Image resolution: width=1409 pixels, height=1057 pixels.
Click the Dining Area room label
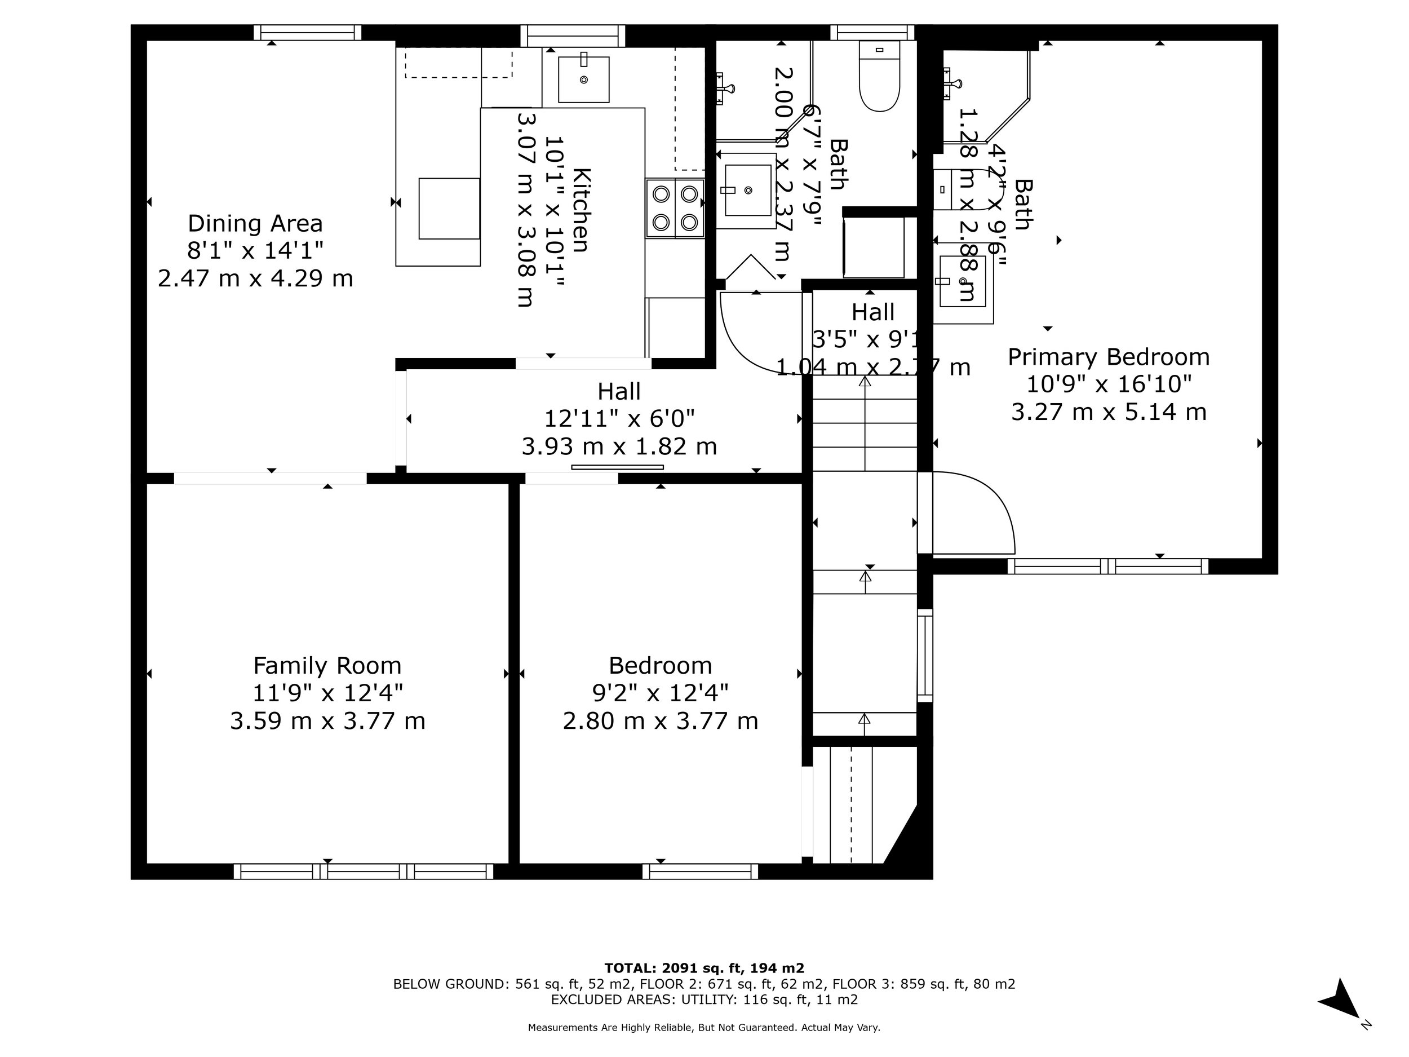click(x=255, y=224)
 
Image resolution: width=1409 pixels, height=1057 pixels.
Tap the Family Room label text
click(x=327, y=666)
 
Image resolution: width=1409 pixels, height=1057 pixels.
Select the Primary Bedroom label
click(x=1109, y=357)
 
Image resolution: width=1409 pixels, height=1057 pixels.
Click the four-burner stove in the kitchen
click(x=675, y=207)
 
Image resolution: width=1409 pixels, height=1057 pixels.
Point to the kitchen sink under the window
click(x=583, y=79)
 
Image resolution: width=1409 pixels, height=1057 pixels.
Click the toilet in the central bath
click(x=879, y=77)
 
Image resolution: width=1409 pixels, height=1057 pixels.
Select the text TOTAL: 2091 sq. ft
click(x=704, y=968)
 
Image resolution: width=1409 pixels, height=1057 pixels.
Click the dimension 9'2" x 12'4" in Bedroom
click(x=660, y=693)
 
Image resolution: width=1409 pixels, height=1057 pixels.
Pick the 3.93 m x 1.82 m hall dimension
click(x=619, y=446)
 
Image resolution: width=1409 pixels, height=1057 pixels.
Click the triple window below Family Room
click(x=363, y=872)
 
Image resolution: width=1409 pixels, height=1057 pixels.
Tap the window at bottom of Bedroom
click(x=700, y=872)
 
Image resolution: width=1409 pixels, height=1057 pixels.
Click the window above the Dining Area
click(x=308, y=33)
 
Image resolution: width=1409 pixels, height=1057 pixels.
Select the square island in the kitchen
click(x=449, y=209)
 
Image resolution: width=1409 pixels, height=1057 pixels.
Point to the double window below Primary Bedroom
click(x=1107, y=567)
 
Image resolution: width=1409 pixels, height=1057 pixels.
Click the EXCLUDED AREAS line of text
click(x=704, y=999)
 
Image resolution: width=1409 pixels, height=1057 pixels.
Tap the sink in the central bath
click(x=747, y=190)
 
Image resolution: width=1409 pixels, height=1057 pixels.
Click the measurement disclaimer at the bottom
click(x=704, y=1028)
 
